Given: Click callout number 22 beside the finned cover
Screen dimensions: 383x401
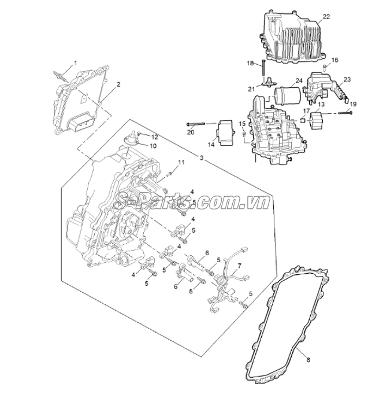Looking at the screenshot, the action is (326, 17).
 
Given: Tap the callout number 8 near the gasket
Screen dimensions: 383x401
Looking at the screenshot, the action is (308, 360).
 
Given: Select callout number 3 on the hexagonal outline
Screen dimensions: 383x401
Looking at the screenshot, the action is (202, 158).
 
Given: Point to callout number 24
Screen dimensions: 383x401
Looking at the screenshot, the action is (299, 81).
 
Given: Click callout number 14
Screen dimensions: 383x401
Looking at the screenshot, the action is (211, 145).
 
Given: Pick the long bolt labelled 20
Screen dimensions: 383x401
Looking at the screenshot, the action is (196, 124).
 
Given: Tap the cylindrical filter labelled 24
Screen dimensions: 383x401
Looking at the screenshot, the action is (287, 96).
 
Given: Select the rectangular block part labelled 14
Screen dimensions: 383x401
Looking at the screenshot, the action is (226, 133).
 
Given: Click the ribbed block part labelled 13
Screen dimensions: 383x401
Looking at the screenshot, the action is (317, 121).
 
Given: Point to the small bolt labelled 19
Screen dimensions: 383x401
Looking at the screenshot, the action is (345, 112).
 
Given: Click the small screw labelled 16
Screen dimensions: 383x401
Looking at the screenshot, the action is (325, 68).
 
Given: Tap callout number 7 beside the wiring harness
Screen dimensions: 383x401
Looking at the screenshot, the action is (239, 266).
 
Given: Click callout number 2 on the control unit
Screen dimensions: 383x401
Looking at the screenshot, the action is (118, 84).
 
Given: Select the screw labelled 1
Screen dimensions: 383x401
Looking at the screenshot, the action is (59, 75).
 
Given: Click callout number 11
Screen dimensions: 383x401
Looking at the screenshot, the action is (181, 163).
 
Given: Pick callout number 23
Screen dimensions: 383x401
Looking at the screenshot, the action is (347, 79).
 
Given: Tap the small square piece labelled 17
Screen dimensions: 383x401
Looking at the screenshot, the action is (303, 120).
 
